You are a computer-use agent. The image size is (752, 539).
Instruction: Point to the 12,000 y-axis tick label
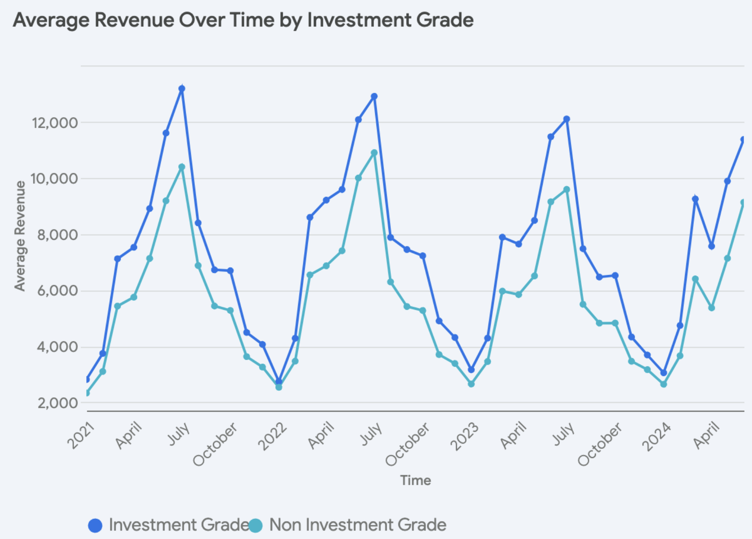[x=55, y=123]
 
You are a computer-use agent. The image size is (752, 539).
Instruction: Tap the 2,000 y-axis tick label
[x=57, y=403]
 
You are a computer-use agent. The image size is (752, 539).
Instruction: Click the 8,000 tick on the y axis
[x=57, y=235]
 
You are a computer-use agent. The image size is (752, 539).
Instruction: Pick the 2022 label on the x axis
[x=272, y=437]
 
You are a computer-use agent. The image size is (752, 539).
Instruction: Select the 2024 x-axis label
[x=656, y=437]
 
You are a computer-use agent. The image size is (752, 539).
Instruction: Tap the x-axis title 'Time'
[x=415, y=480]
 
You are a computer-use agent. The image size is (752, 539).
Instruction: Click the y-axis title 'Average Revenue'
[x=20, y=236]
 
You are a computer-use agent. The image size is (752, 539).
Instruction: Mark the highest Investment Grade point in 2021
[x=182, y=89]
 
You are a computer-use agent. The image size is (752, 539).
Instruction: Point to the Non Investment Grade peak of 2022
[x=374, y=153]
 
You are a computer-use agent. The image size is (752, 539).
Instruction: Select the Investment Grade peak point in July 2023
[x=567, y=119]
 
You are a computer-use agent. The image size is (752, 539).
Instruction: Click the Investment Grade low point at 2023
[x=471, y=370]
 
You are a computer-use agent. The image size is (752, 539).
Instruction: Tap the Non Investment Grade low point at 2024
[x=664, y=384]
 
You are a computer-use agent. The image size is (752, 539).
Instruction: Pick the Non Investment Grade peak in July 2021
[x=182, y=167]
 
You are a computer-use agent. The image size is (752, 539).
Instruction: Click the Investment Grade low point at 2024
[x=664, y=373]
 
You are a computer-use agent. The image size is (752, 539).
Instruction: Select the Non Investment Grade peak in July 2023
[x=567, y=189]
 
